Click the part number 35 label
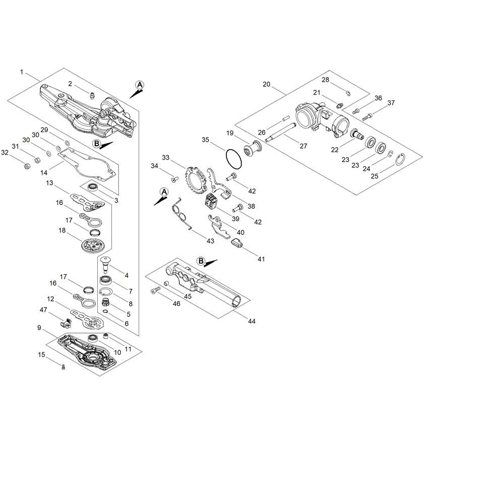point(206,140)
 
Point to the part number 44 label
point(251,321)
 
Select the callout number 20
point(267,84)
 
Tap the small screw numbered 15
point(64,367)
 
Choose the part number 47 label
point(43,310)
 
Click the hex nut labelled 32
point(28,166)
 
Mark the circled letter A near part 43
point(164,192)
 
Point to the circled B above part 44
point(201,261)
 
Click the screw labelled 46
point(155,290)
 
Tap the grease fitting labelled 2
point(92,95)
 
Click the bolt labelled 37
point(367,117)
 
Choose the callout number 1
point(22,72)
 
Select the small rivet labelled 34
point(174,178)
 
